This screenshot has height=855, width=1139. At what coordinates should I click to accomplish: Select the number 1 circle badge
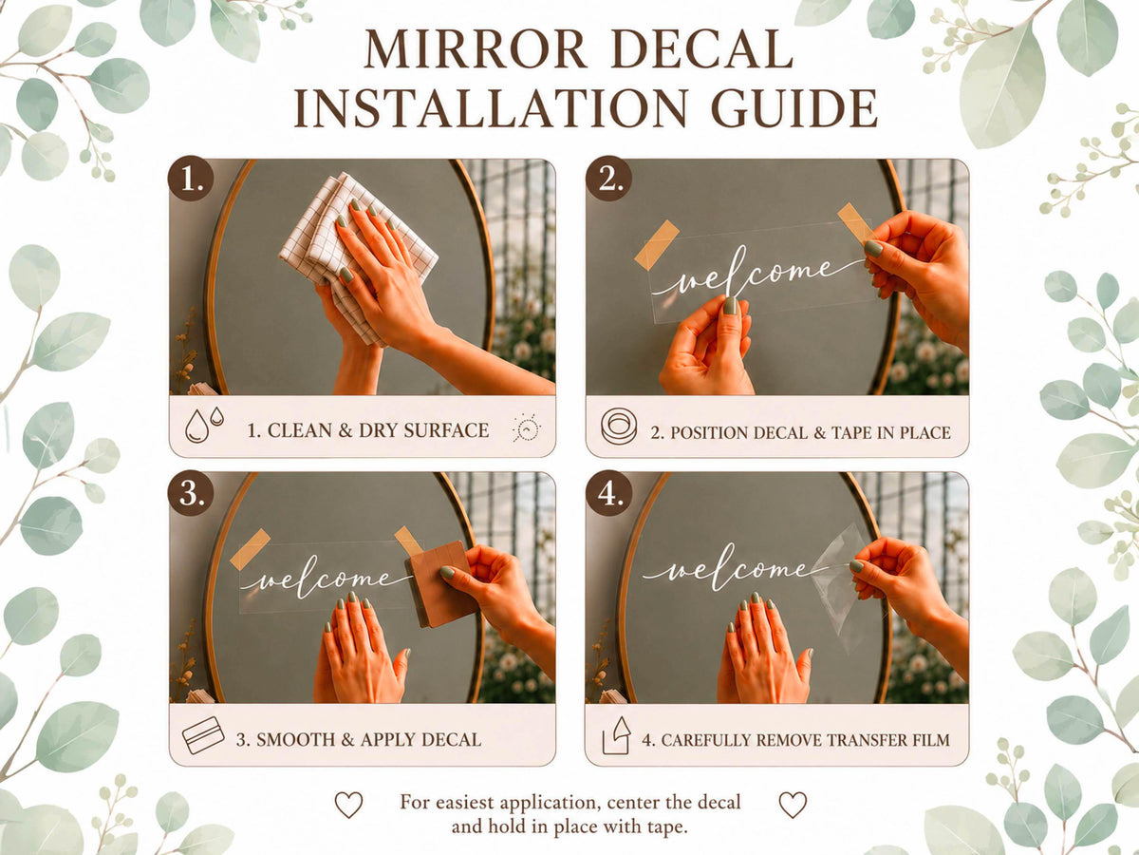pyautogui.click(x=191, y=178)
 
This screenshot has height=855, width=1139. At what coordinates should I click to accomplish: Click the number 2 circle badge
pyautogui.click(x=608, y=178)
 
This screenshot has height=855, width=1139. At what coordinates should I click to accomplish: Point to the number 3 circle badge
pyautogui.click(x=191, y=494)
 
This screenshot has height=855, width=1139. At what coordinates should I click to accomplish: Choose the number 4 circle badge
pyautogui.click(x=608, y=494)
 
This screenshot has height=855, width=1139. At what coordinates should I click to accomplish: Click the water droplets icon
pyautogui.click(x=204, y=425)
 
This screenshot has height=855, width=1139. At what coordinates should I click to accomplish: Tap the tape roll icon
pyautogui.click(x=619, y=427)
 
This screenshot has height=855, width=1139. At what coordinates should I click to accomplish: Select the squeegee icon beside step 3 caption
pyautogui.click(x=203, y=735)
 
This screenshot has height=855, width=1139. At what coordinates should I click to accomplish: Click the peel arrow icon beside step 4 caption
pyautogui.click(x=617, y=735)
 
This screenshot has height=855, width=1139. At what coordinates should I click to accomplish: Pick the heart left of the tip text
pyautogui.click(x=348, y=805)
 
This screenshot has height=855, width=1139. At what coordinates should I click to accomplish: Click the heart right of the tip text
pyautogui.click(x=793, y=805)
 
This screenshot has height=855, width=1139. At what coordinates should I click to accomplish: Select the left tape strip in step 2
pyautogui.click(x=657, y=245)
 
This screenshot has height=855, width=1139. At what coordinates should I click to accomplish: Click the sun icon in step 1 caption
pyautogui.click(x=527, y=428)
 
